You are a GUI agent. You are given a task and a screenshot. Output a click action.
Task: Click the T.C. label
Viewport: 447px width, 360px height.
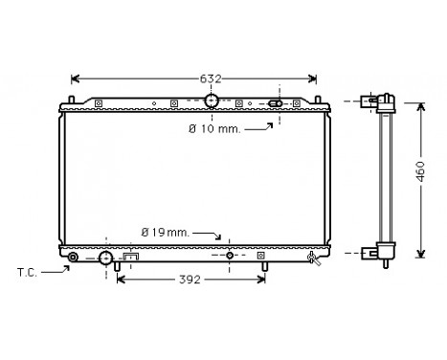[x=31, y=273]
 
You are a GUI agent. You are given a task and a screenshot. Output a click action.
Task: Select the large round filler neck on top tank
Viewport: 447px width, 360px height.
[x=212, y=101]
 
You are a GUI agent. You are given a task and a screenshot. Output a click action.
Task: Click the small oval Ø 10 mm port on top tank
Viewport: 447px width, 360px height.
[x=275, y=103]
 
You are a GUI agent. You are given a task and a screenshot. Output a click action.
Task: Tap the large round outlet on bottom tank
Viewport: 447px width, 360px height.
[x=105, y=257]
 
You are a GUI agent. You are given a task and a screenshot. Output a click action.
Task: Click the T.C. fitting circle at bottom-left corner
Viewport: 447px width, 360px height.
[x=73, y=257]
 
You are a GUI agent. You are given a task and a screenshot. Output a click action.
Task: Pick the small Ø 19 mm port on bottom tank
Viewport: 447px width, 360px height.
[x=230, y=257]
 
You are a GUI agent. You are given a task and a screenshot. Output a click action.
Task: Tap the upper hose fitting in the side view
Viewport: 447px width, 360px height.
[x=369, y=101]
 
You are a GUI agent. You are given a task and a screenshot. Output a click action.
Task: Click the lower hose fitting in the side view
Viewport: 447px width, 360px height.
[x=369, y=254]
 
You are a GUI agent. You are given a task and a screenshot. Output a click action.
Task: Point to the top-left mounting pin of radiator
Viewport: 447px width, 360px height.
[x=66, y=102]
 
